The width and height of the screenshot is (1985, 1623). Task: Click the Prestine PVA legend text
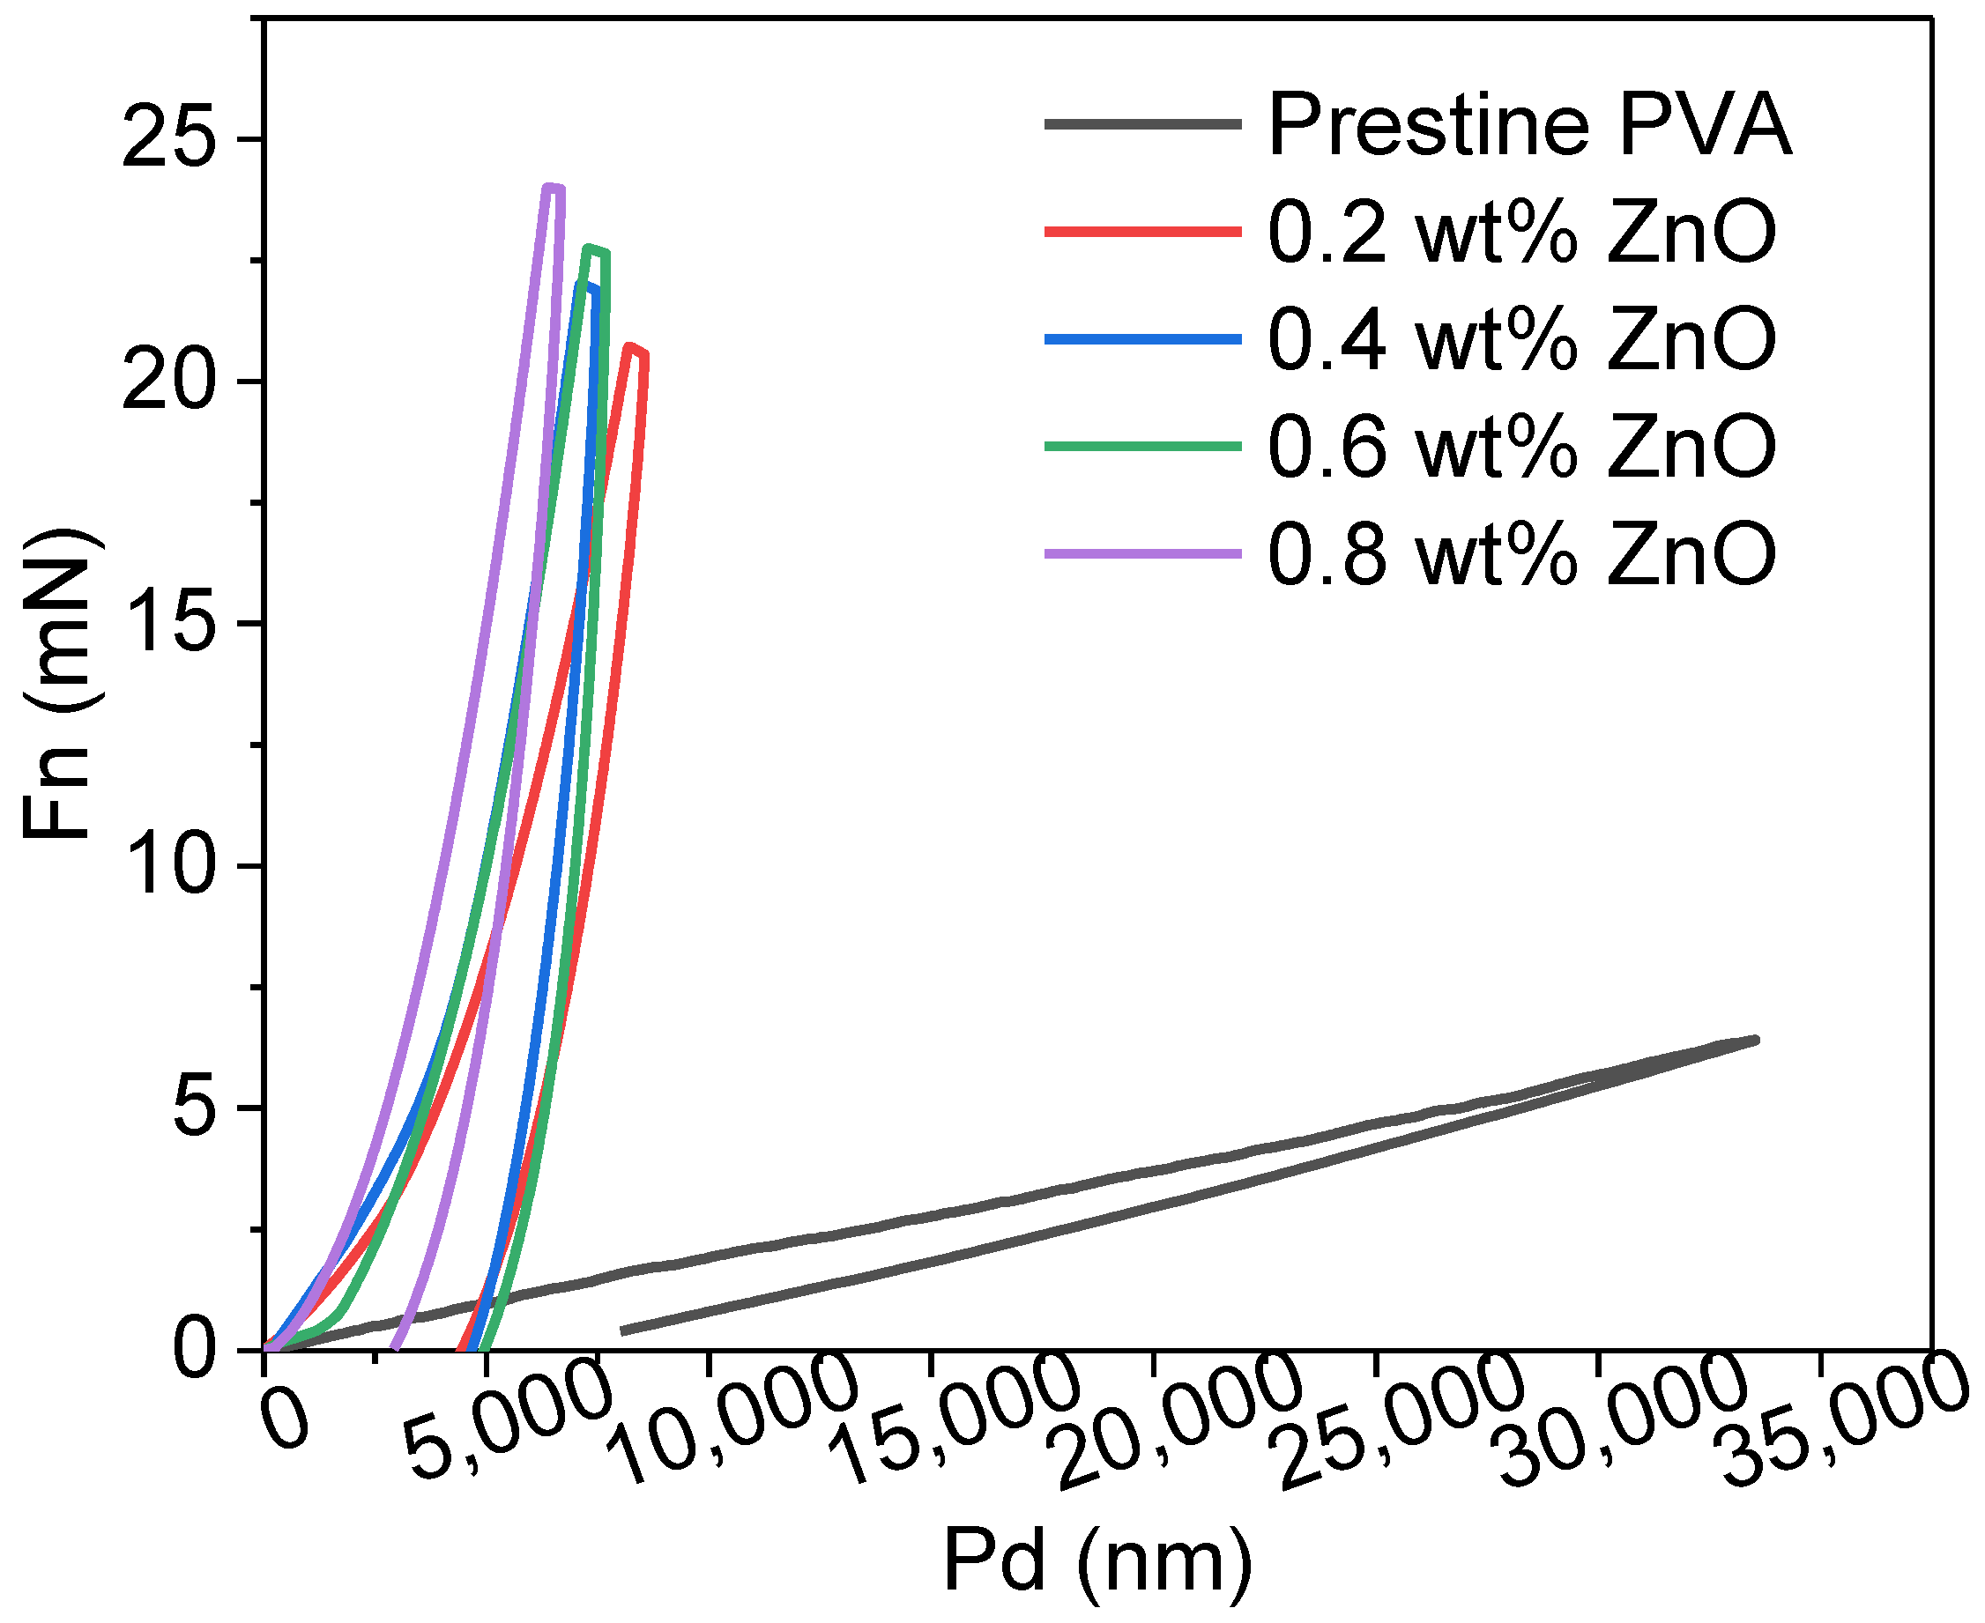coord(1529,125)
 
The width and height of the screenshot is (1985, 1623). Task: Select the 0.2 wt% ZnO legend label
coord(1521,233)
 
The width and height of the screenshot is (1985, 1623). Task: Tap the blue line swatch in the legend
coord(1142,339)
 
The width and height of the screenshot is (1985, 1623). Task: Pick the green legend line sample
coord(1142,447)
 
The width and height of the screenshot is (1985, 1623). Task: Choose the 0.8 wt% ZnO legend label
coord(1521,554)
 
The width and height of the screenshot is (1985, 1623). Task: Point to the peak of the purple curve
coord(552,188)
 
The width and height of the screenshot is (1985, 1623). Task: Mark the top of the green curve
coord(590,248)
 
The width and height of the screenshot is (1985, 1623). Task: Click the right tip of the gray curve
coord(1756,1040)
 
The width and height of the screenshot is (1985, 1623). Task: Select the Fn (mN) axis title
coord(58,683)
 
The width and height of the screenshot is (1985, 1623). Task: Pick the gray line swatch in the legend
coord(1142,124)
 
